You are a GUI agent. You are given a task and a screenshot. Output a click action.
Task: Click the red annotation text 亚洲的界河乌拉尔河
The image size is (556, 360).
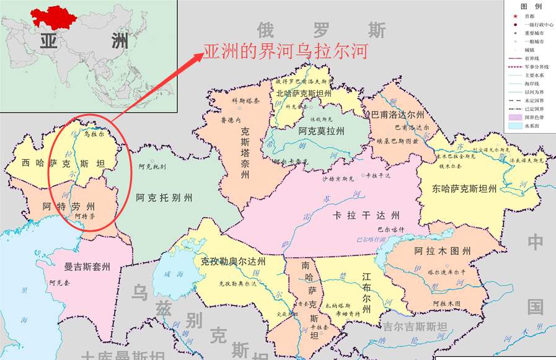pyautogui.click(x=286, y=51)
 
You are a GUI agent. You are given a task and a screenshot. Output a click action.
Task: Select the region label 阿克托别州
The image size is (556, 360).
pyautogui.click(x=164, y=198)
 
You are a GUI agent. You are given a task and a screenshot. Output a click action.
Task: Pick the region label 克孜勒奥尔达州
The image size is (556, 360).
pyautogui.click(x=233, y=261)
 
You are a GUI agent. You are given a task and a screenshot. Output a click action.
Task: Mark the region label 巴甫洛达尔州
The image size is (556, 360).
pyautogui.click(x=397, y=115)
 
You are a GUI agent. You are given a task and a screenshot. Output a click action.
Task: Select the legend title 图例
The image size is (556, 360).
pyautogui.click(x=531, y=6)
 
